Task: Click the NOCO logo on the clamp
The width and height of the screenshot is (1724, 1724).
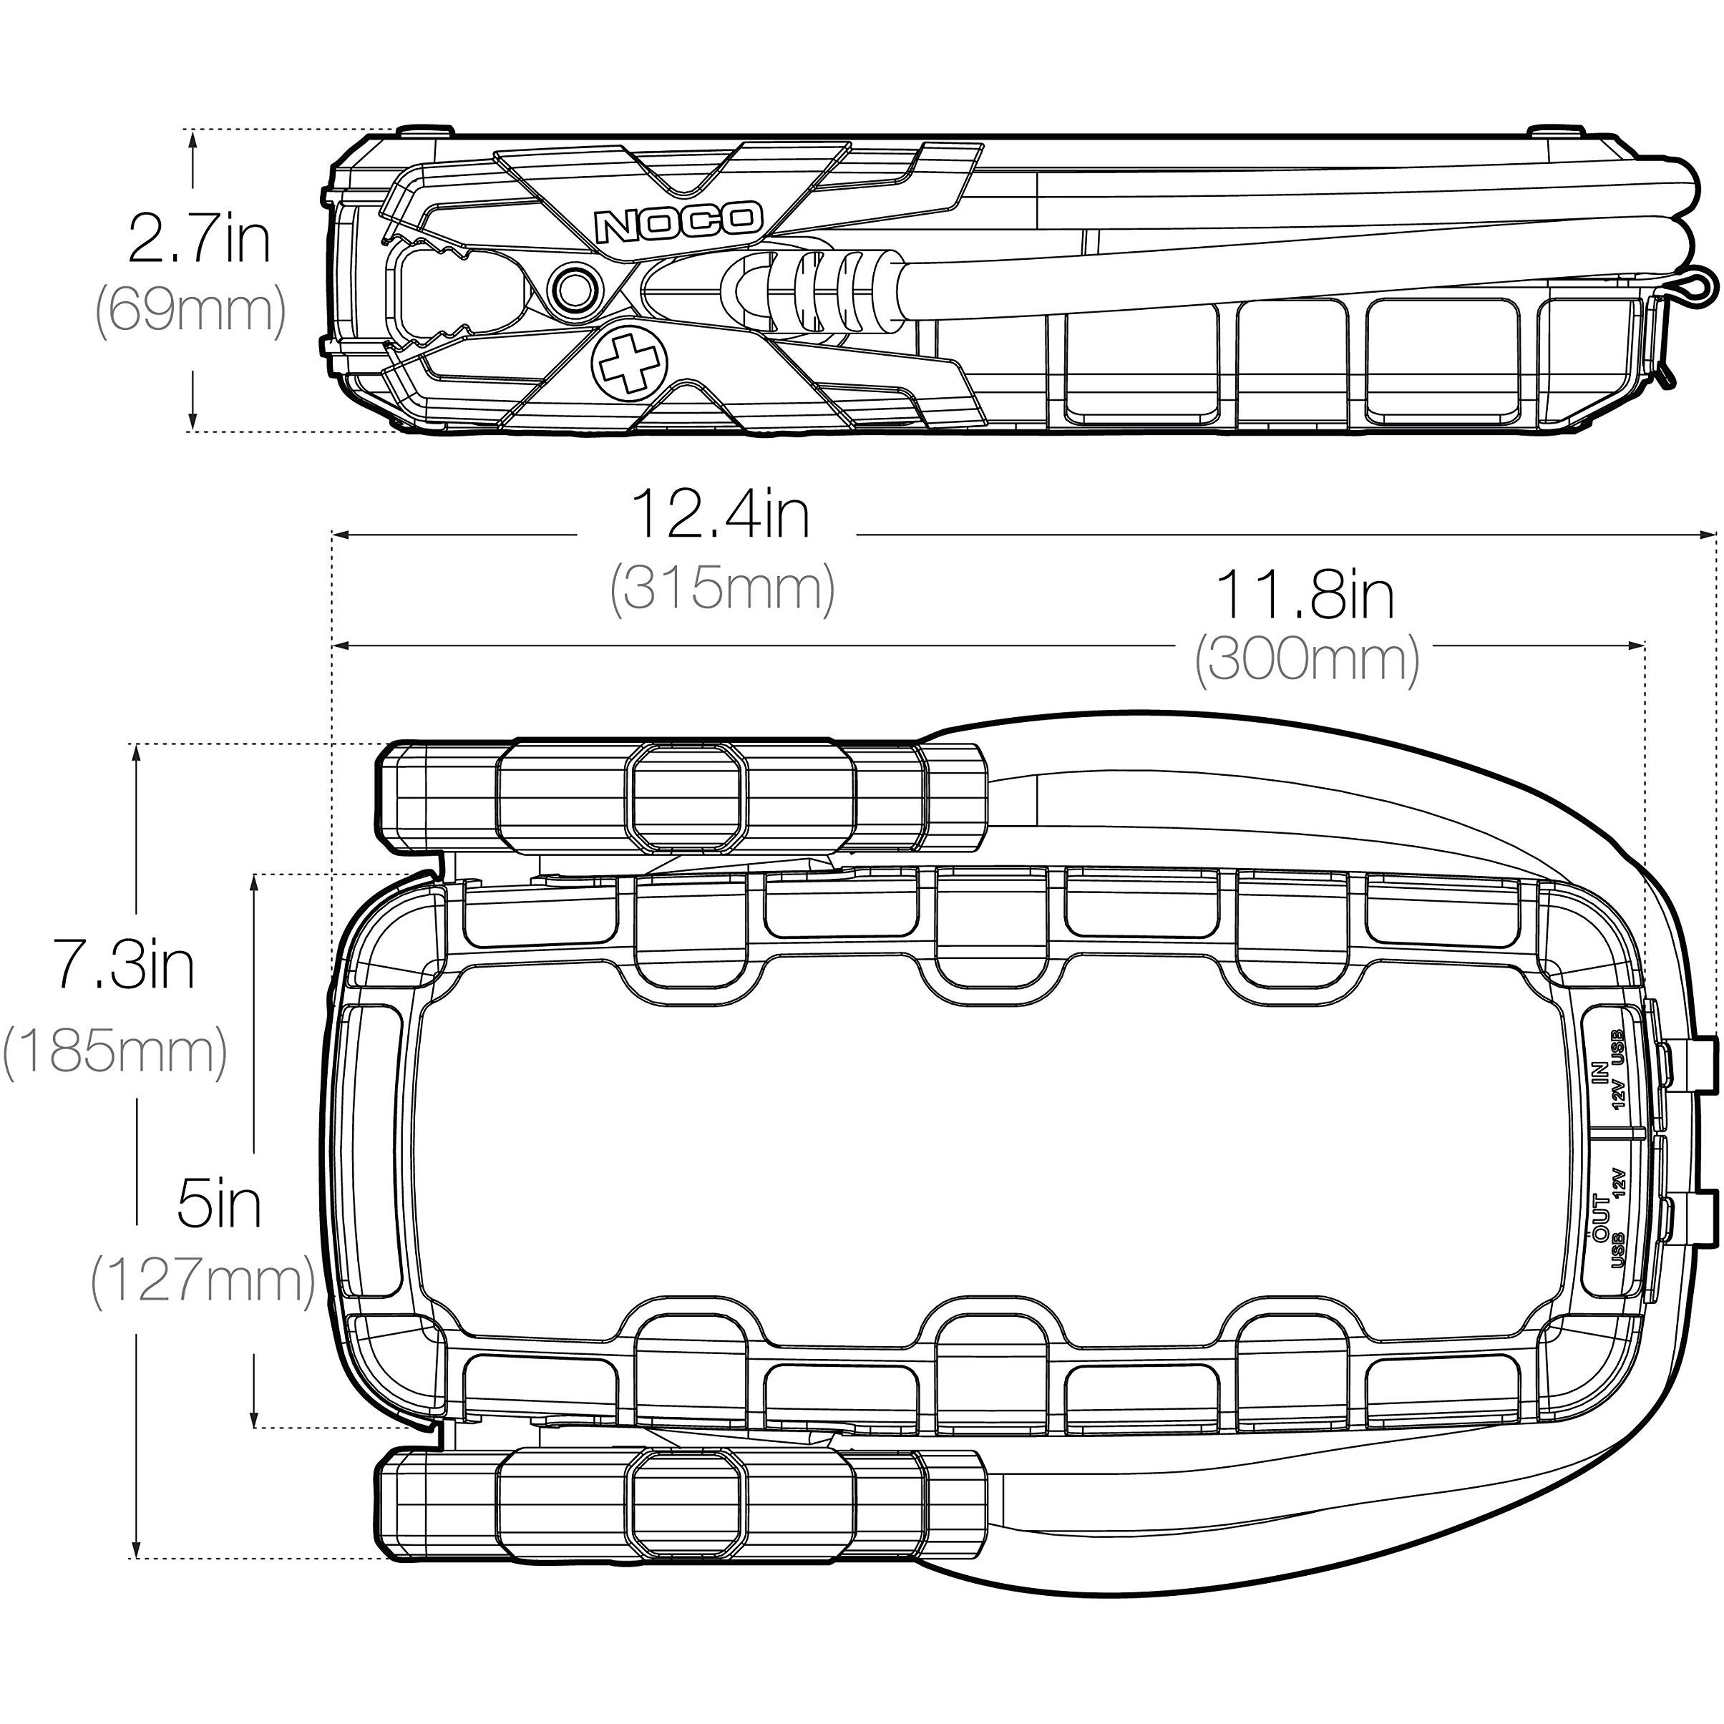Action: click(678, 223)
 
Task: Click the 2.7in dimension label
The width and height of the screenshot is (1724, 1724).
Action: click(198, 239)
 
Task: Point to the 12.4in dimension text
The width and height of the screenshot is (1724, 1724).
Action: click(720, 515)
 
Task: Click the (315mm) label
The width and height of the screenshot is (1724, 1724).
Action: click(722, 589)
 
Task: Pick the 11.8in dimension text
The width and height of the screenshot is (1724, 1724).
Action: click(1305, 595)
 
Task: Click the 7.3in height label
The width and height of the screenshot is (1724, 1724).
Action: click(123, 965)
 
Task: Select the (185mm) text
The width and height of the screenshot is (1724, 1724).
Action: click(115, 1052)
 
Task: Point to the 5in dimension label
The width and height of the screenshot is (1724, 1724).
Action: click(218, 1204)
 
